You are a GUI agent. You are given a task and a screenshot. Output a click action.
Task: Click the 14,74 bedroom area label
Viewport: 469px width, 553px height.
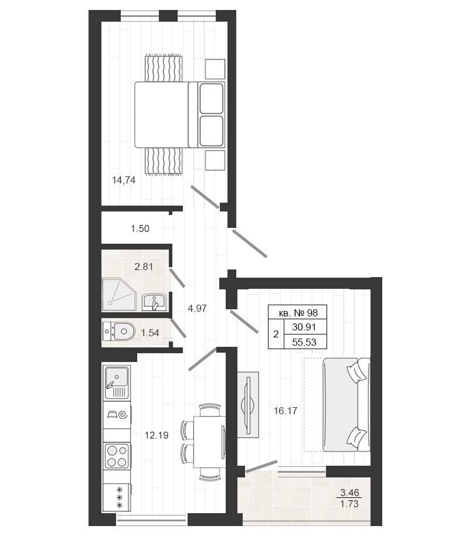(124, 180)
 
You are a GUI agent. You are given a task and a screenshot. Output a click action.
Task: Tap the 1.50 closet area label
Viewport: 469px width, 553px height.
(140, 228)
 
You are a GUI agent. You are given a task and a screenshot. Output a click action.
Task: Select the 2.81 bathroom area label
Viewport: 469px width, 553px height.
(144, 267)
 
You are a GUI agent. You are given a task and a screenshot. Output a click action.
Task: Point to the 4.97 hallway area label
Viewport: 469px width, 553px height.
(197, 308)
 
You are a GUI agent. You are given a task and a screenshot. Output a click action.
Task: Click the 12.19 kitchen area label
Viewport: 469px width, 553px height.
(157, 435)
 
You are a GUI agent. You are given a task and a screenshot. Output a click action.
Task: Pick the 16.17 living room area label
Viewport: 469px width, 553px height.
(286, 411)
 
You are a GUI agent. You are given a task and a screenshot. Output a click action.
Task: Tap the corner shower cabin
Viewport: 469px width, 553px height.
(119, 295)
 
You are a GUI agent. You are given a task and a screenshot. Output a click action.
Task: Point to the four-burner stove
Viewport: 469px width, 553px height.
(117, 456)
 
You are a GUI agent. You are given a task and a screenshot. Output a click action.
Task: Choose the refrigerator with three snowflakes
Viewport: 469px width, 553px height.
(117, 497)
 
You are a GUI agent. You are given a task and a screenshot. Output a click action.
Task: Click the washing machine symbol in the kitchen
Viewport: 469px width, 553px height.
(117, 414)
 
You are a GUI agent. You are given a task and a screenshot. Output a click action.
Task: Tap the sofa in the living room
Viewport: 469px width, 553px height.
(346, 405)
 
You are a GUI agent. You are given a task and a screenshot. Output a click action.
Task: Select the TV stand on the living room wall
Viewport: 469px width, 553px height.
(248, 405)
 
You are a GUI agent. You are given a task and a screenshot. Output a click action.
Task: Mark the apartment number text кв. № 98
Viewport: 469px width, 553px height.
(298, 313)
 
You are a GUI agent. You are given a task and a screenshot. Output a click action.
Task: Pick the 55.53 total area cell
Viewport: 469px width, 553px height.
(304, 342)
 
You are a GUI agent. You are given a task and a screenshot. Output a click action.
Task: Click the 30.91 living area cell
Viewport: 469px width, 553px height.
(304, 327)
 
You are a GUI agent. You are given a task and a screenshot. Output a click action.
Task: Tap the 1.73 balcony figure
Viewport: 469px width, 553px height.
(349, 504)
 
